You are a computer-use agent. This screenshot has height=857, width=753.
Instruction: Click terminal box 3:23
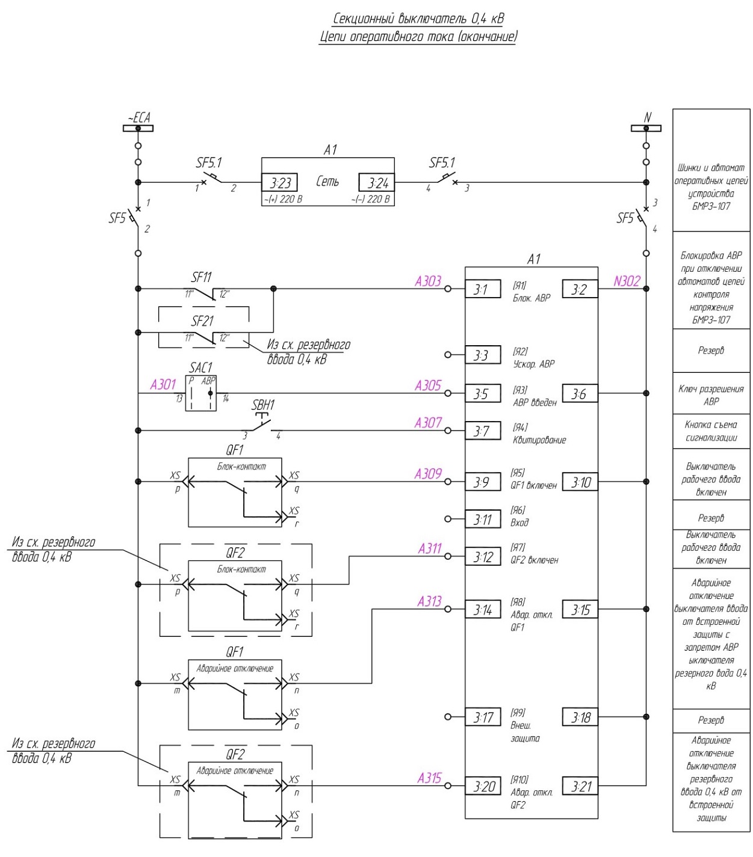pyautogui.click(x=279, y=182)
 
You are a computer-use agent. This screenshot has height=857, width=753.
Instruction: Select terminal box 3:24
pyautogui.click(x=376, y=182)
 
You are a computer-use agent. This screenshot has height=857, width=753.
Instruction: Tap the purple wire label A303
pyautogui.click(x=428, y=281)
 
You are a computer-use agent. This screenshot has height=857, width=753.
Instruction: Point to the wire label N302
pyautogui.click(x=627, y=281)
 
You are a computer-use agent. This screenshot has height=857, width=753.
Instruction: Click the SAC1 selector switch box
pyautogui.click(x=201, y=393)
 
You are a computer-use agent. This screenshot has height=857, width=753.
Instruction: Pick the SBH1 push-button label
pyautogui.click(x=263, y=405)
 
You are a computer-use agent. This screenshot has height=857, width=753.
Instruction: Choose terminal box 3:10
pyautogui.click(x=580, y=482)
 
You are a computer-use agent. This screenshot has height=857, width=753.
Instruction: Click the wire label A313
pyautogui.click(x=429, y=601)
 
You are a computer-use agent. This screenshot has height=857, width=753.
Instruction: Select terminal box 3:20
pyautogui.click(x=483, y=787)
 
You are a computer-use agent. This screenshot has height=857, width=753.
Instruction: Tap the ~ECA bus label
pyautogui.click(x=139, y=118)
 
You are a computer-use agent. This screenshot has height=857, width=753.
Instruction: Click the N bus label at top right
pyautogui.click(x=647, y=117)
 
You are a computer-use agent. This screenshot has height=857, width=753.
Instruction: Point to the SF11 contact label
pyautogui.click(x=201, y=277)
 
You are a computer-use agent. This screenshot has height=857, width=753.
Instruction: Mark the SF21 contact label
pyautogui.click(x=202, y=322)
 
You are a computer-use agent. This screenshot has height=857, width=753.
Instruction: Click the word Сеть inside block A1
pyautogui.click(x=327, y=182)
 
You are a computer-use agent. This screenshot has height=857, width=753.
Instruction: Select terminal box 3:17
pyautogui.click(x=483, y=717)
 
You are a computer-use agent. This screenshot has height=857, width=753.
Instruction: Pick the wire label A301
pyautogui.click(x=163, y=384)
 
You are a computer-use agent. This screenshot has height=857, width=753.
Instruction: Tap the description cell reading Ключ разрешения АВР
pyautogui.click(x=711, y=395)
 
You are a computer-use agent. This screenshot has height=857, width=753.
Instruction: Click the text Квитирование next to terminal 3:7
pyautogui.click(x=539, y=440)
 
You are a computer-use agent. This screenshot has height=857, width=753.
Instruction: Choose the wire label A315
pyautogui.click(x=429, y=778)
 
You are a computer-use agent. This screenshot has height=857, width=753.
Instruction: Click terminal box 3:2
pyautogui.click(x=580, y=289)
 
